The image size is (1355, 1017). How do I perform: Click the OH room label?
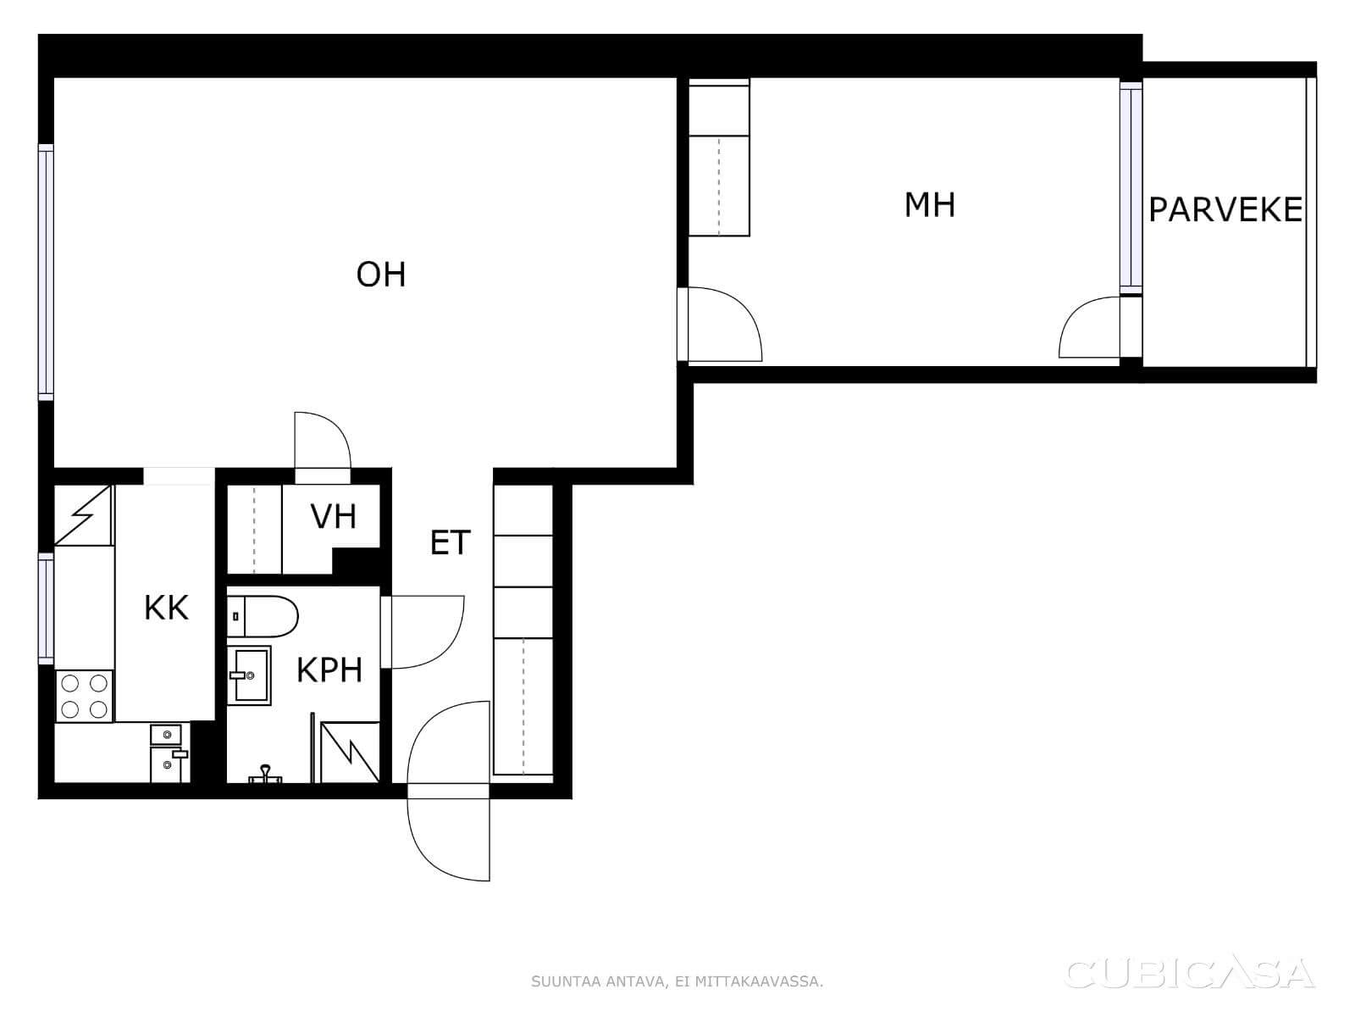(381, 275)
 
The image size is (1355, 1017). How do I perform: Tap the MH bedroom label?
(930, 205)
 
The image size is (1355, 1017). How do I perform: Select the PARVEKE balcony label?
(1225, 210)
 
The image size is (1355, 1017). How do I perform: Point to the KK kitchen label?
(166, 608)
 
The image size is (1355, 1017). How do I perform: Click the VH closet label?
(334, 517)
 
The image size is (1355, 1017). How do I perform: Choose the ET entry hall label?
(450, 542)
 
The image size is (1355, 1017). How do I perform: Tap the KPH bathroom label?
(329, 670)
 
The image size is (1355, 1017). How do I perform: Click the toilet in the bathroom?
(263, 615)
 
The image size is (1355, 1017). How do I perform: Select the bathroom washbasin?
(249, 675)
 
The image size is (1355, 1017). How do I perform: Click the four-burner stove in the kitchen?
(85, 697)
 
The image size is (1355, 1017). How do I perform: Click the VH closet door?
(323, 447)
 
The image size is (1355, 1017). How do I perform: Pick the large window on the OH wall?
(47, 272)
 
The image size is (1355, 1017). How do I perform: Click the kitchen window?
(47, 609)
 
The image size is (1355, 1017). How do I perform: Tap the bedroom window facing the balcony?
(1131, 187)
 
